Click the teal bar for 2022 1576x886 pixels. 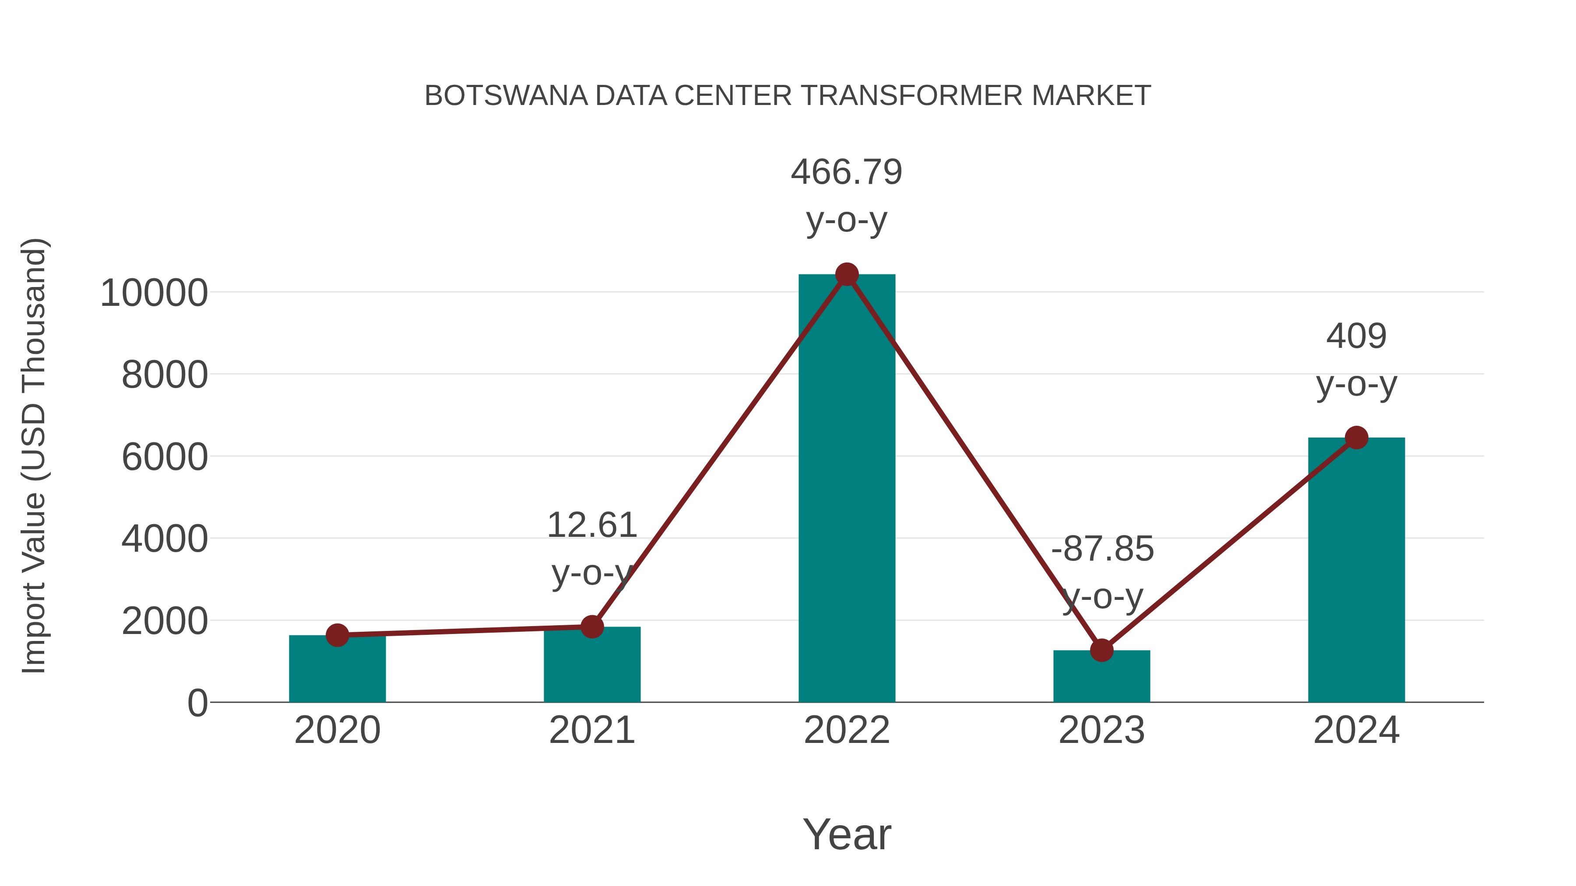847,489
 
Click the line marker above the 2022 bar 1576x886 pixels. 847,274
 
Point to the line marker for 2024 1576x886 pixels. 1356,438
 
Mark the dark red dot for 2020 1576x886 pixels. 337,635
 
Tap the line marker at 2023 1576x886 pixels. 1101,650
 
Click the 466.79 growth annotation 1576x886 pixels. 846,172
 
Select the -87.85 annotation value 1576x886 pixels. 1102,549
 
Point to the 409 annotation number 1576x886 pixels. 1356,336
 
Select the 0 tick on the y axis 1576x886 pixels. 197,703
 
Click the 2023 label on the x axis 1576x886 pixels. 1101,730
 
